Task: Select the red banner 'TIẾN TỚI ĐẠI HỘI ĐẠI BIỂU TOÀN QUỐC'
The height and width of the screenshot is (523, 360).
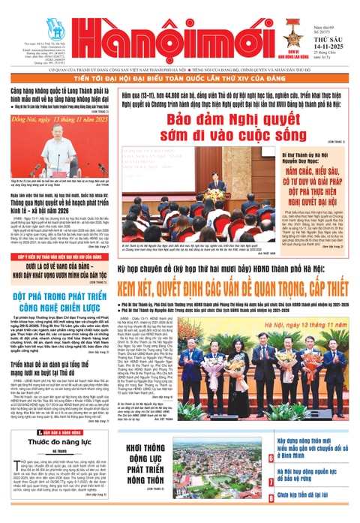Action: [180, 80]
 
